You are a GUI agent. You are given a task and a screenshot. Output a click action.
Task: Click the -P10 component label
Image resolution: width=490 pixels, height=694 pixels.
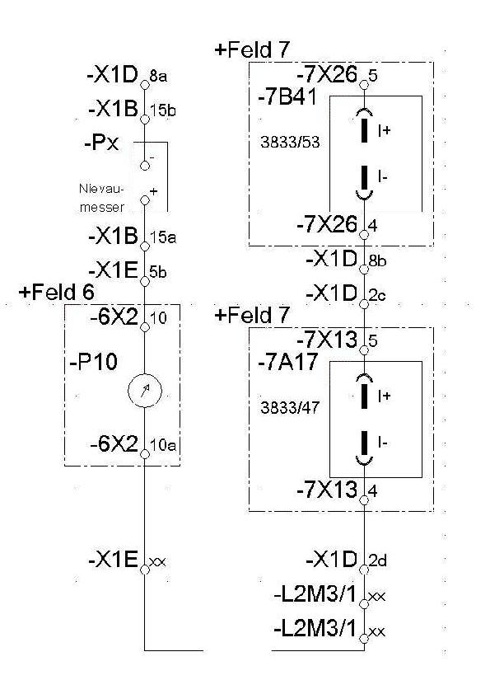94,362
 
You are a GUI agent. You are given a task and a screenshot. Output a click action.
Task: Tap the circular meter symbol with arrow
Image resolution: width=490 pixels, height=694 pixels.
145,391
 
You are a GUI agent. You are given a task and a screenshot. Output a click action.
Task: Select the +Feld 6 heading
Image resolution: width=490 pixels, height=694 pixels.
57,293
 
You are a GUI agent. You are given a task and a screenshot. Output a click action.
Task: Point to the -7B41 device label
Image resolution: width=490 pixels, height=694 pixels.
287,97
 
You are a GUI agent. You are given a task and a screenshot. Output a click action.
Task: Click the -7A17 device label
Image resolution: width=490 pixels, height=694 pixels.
288,362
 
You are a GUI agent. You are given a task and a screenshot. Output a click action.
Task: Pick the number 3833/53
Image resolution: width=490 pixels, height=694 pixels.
290,143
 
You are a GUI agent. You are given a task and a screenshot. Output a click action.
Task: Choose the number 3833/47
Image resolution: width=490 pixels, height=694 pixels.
290,408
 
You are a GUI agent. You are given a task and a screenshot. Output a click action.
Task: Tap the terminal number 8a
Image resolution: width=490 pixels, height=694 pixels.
158,76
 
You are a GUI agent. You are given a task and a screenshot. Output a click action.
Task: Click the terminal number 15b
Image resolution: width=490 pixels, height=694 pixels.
162,110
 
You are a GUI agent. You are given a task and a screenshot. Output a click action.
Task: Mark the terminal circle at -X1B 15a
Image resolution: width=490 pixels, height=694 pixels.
145,246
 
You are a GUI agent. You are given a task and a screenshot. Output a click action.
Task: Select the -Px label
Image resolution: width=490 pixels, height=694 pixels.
101,144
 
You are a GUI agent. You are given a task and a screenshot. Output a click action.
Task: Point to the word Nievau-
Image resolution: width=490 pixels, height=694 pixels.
102,189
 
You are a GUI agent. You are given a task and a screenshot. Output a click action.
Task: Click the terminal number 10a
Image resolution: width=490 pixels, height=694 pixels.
163,445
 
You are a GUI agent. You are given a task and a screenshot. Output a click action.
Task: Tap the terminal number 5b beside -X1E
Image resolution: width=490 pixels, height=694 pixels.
158,273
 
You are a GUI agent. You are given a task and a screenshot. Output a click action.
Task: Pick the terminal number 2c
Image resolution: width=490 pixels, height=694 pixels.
377,295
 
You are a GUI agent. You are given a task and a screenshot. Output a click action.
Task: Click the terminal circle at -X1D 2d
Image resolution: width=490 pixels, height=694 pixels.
364,570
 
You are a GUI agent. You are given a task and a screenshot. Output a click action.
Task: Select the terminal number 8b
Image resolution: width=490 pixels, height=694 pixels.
377,260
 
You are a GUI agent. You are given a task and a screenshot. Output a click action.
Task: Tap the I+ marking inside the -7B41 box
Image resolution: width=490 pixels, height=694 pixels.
384,130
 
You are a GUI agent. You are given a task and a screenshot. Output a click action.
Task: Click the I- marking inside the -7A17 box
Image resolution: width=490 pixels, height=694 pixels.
383,442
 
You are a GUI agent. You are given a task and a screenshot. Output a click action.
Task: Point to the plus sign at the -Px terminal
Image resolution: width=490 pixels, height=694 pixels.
153,192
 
